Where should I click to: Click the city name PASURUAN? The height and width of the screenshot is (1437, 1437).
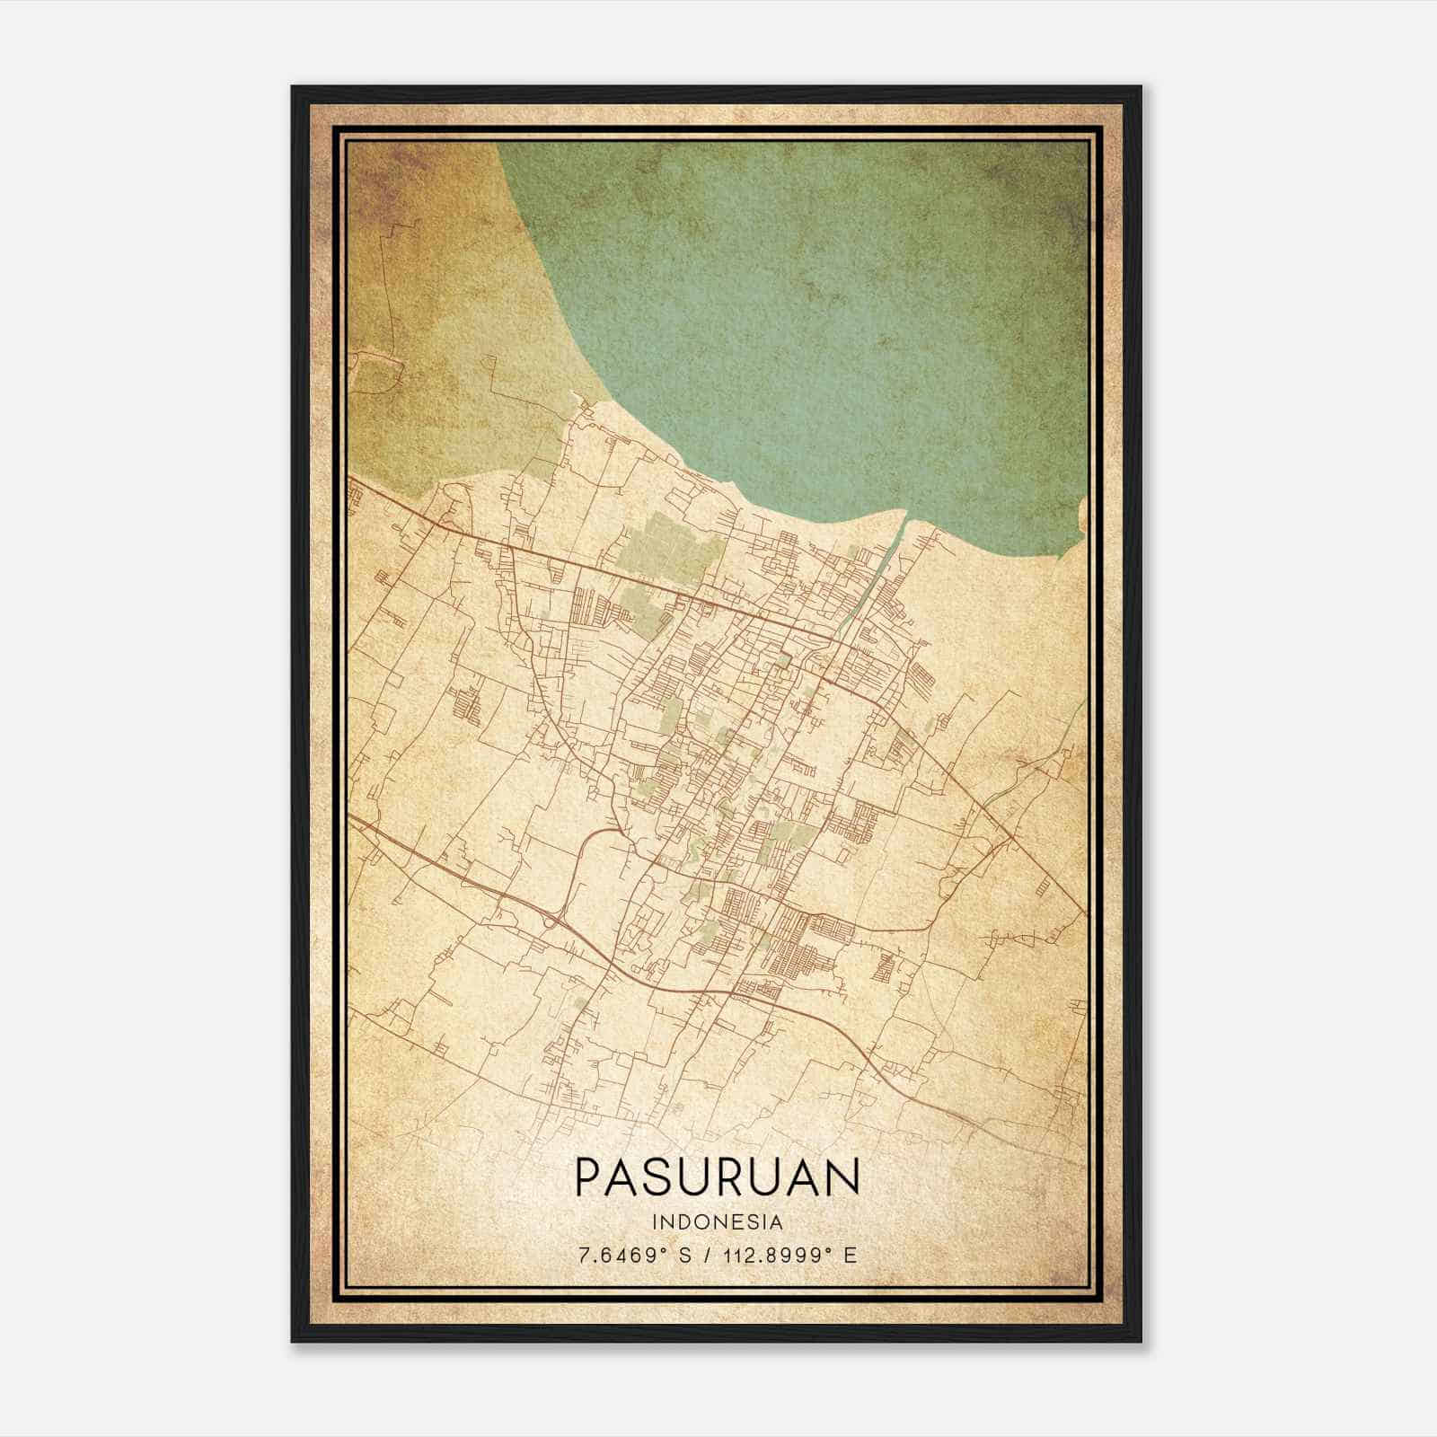(717, 1176)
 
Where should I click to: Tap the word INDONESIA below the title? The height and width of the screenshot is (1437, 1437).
(718, 1221)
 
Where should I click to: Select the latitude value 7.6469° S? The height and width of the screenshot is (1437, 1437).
(635, 1254)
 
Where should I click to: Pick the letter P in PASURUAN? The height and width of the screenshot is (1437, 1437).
(588, 1176)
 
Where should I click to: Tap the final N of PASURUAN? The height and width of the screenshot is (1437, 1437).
(843, 1176)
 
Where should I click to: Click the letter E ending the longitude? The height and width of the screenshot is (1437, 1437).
(851, 1254)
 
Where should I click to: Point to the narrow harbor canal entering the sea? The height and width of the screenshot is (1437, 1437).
(885, 557)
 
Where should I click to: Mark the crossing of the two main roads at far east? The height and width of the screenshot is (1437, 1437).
(1012, 838)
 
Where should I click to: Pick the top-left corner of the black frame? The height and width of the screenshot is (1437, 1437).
(293, 87)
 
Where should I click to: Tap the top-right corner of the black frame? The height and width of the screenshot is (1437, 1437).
(1141, 87)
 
